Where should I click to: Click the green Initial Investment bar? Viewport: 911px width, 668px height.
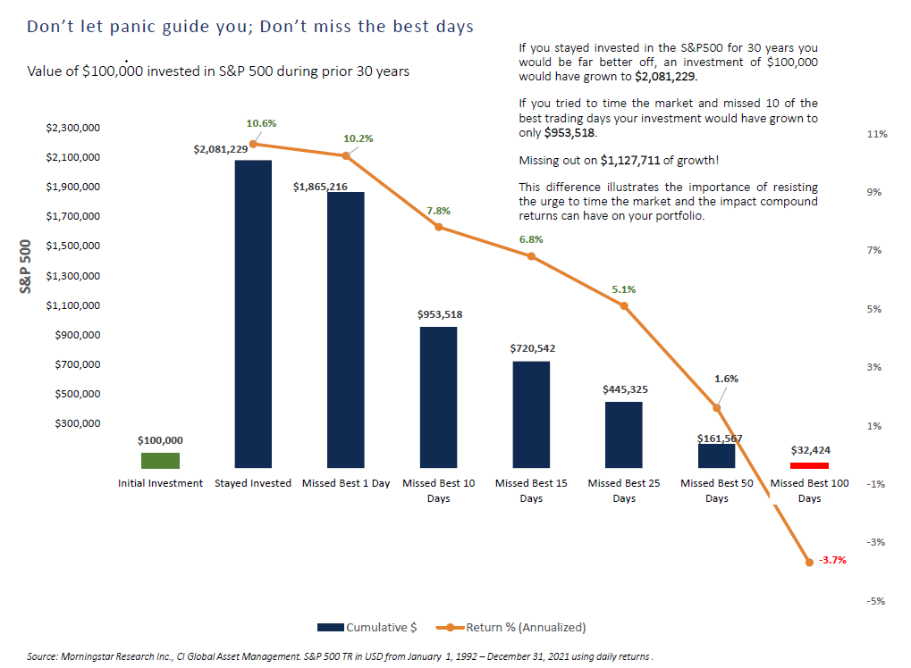click(x=160, y=460)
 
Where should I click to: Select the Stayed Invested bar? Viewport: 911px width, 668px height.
click(x=253, y=313)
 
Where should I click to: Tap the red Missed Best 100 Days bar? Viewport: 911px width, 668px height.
click(x=809, y=465)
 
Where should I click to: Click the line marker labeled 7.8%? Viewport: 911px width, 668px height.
click(x=439, y=227)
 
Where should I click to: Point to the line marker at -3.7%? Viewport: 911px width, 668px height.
click(x=809, y=562)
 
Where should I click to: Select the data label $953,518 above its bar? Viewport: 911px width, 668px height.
click(x=439, y=314)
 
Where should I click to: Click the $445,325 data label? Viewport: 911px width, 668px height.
click(x=624, y=389)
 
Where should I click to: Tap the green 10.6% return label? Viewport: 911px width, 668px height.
click(x=262, y=122)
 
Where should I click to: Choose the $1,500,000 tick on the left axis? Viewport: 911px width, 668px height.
click(x=73, y=246)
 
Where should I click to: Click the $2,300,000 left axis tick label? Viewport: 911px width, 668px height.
click(x=73, y=129)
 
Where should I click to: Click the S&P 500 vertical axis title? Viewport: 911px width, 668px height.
click(x=27, y=266)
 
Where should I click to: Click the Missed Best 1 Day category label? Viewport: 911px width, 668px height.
click(x=346, y=483)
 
